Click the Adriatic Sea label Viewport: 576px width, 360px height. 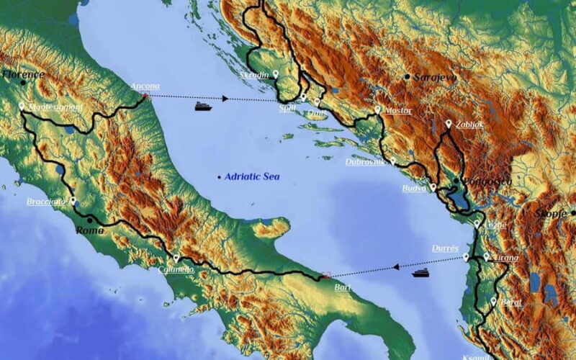click(251, 176)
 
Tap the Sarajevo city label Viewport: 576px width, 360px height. click(435, 77)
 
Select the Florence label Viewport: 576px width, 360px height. click(23, 74)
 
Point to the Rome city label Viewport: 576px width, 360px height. click(90, 230)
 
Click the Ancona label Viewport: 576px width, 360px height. click(145, 86)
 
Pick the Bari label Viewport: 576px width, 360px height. click(343, 287)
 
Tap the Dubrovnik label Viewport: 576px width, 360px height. click(365, 162)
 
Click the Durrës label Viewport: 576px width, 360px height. click(445, 248)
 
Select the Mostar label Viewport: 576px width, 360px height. click(397, 112)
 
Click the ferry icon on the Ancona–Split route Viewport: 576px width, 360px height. click(204, 107)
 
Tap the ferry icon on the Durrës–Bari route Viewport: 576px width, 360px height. click(420, 273)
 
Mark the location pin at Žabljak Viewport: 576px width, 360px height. click(449, 124)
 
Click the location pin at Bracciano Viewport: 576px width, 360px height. click(73, 201)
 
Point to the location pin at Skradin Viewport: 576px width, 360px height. click(276, 73)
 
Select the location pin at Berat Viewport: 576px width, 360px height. click(493, 300)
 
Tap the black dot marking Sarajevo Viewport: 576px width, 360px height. click(408, 76)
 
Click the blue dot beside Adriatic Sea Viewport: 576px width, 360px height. click(219, 177)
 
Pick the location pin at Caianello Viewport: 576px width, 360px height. click(176, 258)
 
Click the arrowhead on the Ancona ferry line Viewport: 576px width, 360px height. click(225, 98)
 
